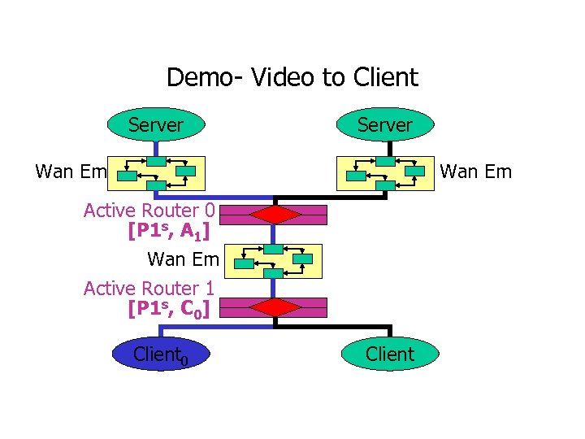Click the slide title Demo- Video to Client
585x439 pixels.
click(x=292, y=77)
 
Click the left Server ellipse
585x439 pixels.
click(x=155, y=125)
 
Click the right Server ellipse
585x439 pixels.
click(x=386, y=125)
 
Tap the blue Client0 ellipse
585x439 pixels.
click(x=160, y=354)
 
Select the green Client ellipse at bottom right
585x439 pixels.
click(x=390, y=354)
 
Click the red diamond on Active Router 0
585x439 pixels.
click(x=275, y=215)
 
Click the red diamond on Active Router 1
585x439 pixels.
click(x=275, y=307)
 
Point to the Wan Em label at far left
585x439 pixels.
click(x=71, y=172)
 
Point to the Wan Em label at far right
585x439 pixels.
click(x=475, y=172)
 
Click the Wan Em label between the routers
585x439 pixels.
click(x=183, y=260)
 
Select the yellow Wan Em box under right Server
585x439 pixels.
click(x=385, y=173)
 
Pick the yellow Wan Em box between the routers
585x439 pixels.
click(x=275, y=261)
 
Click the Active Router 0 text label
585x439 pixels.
click(x=149, y=211)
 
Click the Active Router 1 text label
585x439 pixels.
click(x=149, y=289)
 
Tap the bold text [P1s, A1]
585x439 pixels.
click(x=168, y=231)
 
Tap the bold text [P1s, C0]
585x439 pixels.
click(x=168, y=308)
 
